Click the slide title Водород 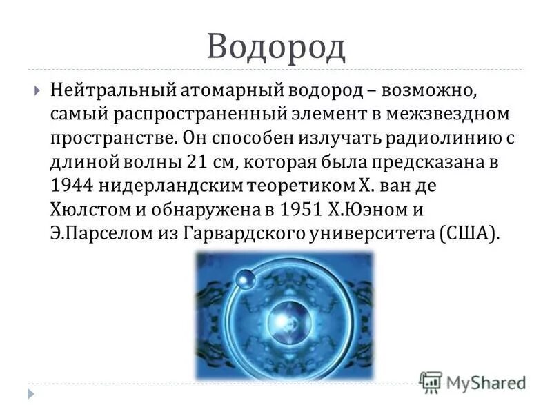[275, 46]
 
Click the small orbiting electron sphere [244, 279]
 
